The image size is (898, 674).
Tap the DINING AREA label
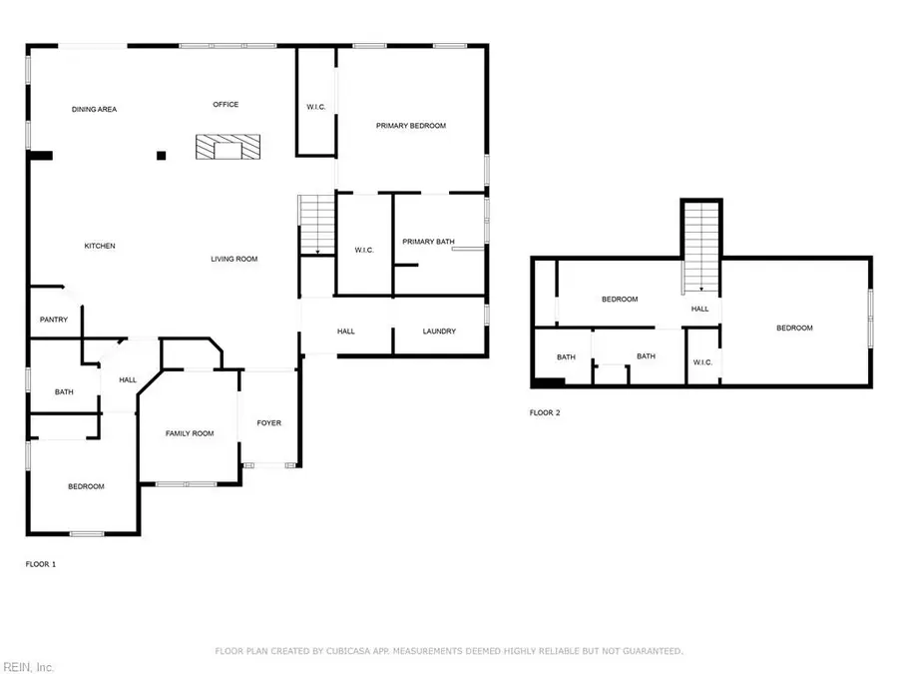pos(94,109)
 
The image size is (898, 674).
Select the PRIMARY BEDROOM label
pos(410,126)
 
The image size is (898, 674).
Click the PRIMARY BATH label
pos(428,242)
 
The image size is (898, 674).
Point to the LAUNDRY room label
pos(439,332)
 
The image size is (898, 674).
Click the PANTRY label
pos(53,320)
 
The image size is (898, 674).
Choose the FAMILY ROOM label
pos(190,433)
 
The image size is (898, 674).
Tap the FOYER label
pos(269,422)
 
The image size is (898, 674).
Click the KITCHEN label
pos(100,246)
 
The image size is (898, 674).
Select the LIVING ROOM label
pos(234,260)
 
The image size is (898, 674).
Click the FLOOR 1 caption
pos(41,564)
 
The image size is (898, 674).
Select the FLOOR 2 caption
pos(544,412)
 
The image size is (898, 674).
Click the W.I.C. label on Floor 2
pos(701,361)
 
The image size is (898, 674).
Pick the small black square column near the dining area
pos(161,155)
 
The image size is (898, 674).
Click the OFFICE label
pos(225,104)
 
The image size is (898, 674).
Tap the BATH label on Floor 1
pos(64,392)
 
